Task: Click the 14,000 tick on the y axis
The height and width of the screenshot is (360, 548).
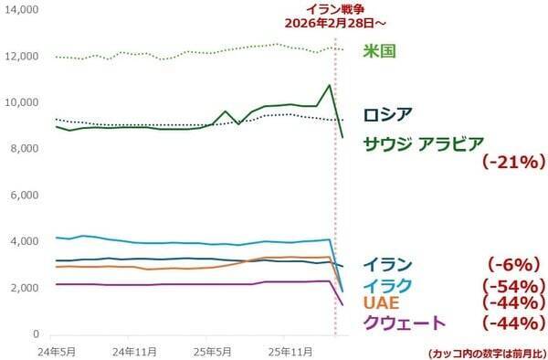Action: tap(20, 9)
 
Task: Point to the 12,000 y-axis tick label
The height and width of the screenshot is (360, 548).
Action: tap(20, 56)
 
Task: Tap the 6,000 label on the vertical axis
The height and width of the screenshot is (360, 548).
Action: tap(23, 196)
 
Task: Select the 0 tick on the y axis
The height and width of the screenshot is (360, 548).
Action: tap(33, 334)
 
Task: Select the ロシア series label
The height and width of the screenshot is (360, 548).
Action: tap(387, 115)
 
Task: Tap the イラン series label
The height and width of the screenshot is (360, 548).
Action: tap(387, 265)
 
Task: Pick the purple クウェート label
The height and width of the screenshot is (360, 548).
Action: tap(405, 323)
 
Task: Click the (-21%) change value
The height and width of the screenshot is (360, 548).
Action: tap(512, 163)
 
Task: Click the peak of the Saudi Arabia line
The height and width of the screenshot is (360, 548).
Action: tap(329, 85)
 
